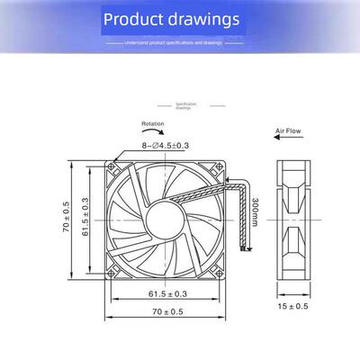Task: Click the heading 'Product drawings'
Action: pos(184,19)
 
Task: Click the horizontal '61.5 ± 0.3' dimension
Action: pos(168,293)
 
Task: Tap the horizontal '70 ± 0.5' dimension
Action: pos(168,311)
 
